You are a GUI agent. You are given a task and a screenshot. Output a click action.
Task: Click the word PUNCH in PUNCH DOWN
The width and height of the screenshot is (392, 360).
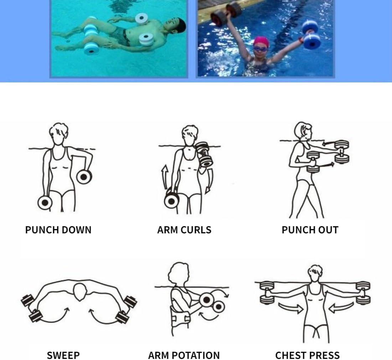point(42,230)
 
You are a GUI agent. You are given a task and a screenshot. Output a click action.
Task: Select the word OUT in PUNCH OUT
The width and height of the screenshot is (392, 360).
point(327,230)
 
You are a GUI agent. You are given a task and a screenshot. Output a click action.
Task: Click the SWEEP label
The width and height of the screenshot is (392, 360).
point(63,355)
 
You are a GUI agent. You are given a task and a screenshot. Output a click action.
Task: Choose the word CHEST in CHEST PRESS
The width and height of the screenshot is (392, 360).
point(290,355)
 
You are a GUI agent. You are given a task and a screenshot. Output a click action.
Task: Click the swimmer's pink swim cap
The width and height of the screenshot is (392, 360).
point(261,41)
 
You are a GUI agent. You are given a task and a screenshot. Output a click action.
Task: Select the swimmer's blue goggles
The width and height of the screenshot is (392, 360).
point(261,48)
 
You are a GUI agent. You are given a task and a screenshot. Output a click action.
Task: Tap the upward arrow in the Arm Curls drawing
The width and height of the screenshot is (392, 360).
point(165,177)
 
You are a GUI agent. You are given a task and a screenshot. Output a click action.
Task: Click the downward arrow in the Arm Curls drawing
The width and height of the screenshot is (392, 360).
point(210,181)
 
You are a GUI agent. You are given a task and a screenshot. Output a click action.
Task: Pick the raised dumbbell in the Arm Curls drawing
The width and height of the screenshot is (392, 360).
point(204,154)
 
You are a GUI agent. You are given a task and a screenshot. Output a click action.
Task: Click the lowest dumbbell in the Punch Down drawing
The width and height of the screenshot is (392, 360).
point(45,203)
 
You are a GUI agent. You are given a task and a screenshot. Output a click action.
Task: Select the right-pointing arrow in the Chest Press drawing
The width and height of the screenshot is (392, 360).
point(291,308)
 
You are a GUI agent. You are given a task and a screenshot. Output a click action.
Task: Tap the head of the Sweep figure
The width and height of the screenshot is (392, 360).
point(80,292)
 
